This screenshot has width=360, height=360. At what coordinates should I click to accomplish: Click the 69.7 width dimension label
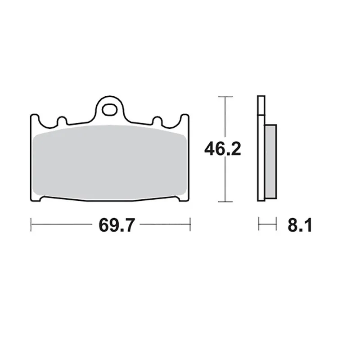click(x=117, y=225)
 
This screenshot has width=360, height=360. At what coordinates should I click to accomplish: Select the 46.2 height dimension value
click(x=222, y=149)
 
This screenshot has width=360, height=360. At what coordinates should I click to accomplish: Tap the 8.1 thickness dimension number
click(x=300, y=225)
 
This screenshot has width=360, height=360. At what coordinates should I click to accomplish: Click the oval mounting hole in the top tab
click(x=109, y=110)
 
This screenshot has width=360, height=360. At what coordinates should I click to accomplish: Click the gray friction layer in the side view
click(x=271, y=162)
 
